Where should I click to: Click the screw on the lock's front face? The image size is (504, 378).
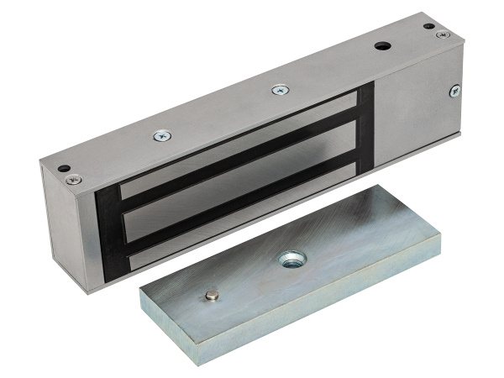click(x=455, y=90)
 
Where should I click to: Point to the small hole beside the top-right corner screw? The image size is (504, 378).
click(x=429, y=27)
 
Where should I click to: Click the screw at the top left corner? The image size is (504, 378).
click(x=75, y=178)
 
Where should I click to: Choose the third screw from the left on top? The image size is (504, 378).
click(x=280, y=89)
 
